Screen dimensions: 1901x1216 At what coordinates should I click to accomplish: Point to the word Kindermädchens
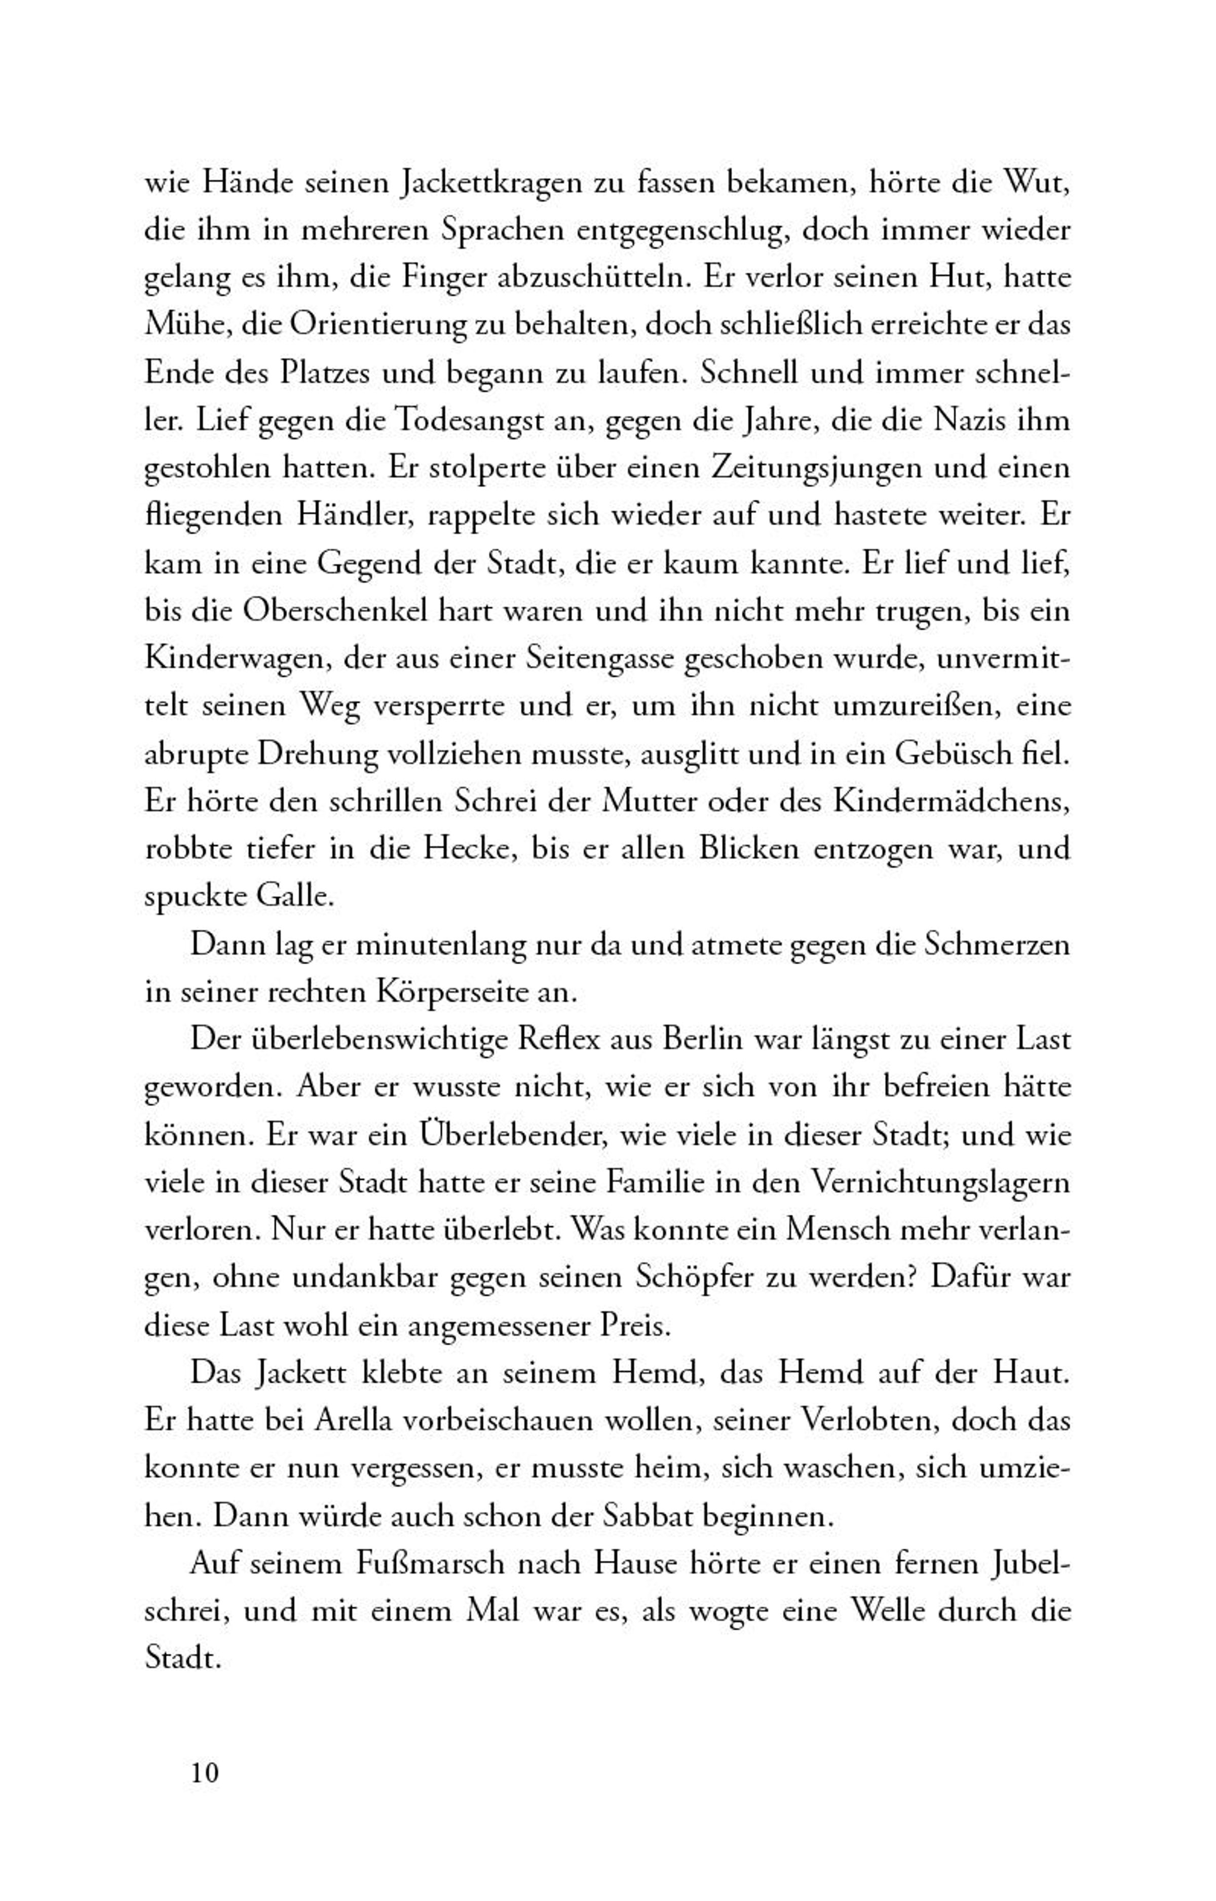point(952,801)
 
